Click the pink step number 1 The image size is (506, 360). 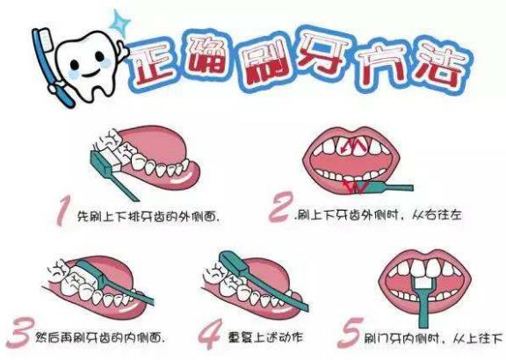pyautogui.click(x=63, y=211)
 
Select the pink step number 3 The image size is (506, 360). pyautogui.click(x=20, y=332)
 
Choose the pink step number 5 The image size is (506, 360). pyautogui.click(x=349, y=333)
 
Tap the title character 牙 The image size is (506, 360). pyautogui.click(x=322, y=58)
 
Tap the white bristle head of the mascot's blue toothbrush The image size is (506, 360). pyautogui.click(x=47, y=39)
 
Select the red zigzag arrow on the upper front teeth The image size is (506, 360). pyautogui.click(x=353, y=146)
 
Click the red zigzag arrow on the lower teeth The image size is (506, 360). pyautogui.click(x=355, y=187)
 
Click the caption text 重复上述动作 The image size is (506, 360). pyautogui.click(x=265, y=337)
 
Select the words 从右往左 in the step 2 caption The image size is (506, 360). pyautogui.click(x=437, y=215)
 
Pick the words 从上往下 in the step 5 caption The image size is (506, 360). pyautogui.click(x=478, y=338)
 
